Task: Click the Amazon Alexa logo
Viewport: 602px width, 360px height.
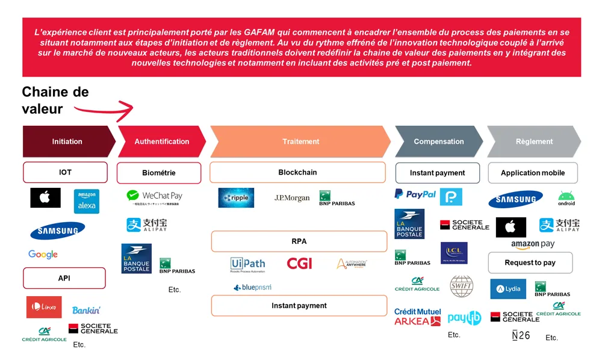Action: (x=87, y=201)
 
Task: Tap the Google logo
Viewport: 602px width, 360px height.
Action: (x=43, y=255)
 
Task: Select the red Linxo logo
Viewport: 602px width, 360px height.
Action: (x=44, y=307)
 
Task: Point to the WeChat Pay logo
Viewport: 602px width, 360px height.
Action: (x=154, y=197)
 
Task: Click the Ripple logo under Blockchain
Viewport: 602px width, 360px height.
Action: (x=236, y=197)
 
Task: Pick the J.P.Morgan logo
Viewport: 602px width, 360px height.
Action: (x=292, y=197)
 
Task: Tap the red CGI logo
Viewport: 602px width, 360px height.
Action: (x=299, y=263)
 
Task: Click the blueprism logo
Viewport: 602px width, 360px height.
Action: (x=252, y=288)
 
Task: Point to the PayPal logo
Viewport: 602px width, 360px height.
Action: (x=415, y=194)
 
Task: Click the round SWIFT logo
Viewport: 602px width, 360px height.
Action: (x=462, y=286)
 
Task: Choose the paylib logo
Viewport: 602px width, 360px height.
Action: (x=464, y=317)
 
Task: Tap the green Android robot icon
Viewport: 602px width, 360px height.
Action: (x=566, y=198)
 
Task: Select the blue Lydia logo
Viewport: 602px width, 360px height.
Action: (x=508, y=289)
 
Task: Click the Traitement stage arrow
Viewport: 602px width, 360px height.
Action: (x=300, y=141)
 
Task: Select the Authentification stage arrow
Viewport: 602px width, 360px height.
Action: (x=161, y=141)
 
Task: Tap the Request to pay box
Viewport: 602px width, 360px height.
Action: (x=530, y=262)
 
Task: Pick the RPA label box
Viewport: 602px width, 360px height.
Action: (x=299, y=241)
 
